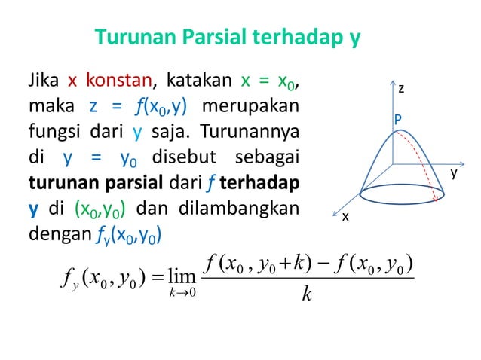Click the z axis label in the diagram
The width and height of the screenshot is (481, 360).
pos(402,88)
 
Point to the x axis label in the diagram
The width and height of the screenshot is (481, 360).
pos(345,217)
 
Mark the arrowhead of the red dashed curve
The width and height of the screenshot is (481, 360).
pos(437,198)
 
